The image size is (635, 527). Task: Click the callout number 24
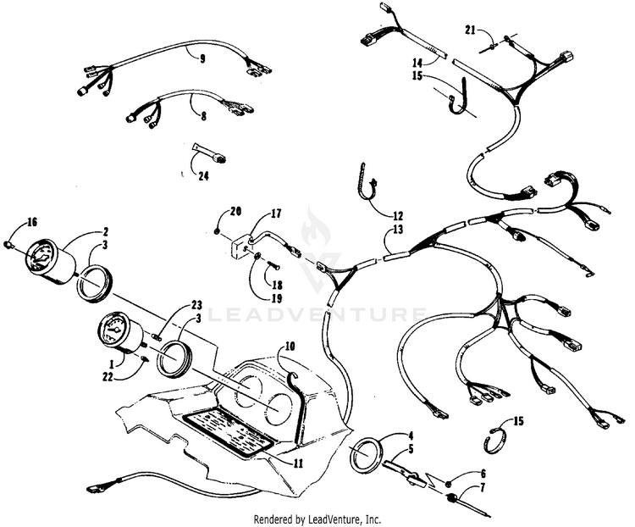click(x=203, y=176)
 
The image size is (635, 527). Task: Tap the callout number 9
click(x=202, y=59)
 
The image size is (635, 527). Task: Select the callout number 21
click(x=470, y=30)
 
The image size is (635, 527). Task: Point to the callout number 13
click(x=398, y=230)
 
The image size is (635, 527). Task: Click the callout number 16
click(x=32, y=222)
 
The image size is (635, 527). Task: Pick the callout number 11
click(x=298, y=463)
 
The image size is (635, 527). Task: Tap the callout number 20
click(x=235, y=211)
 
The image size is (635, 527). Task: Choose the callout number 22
click(x=108, y=377)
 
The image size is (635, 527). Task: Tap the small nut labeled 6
click(x=448, y=484)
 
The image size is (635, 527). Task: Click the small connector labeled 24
click(x=210, y=153)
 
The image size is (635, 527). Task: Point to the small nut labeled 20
click(x=218, y=231)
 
